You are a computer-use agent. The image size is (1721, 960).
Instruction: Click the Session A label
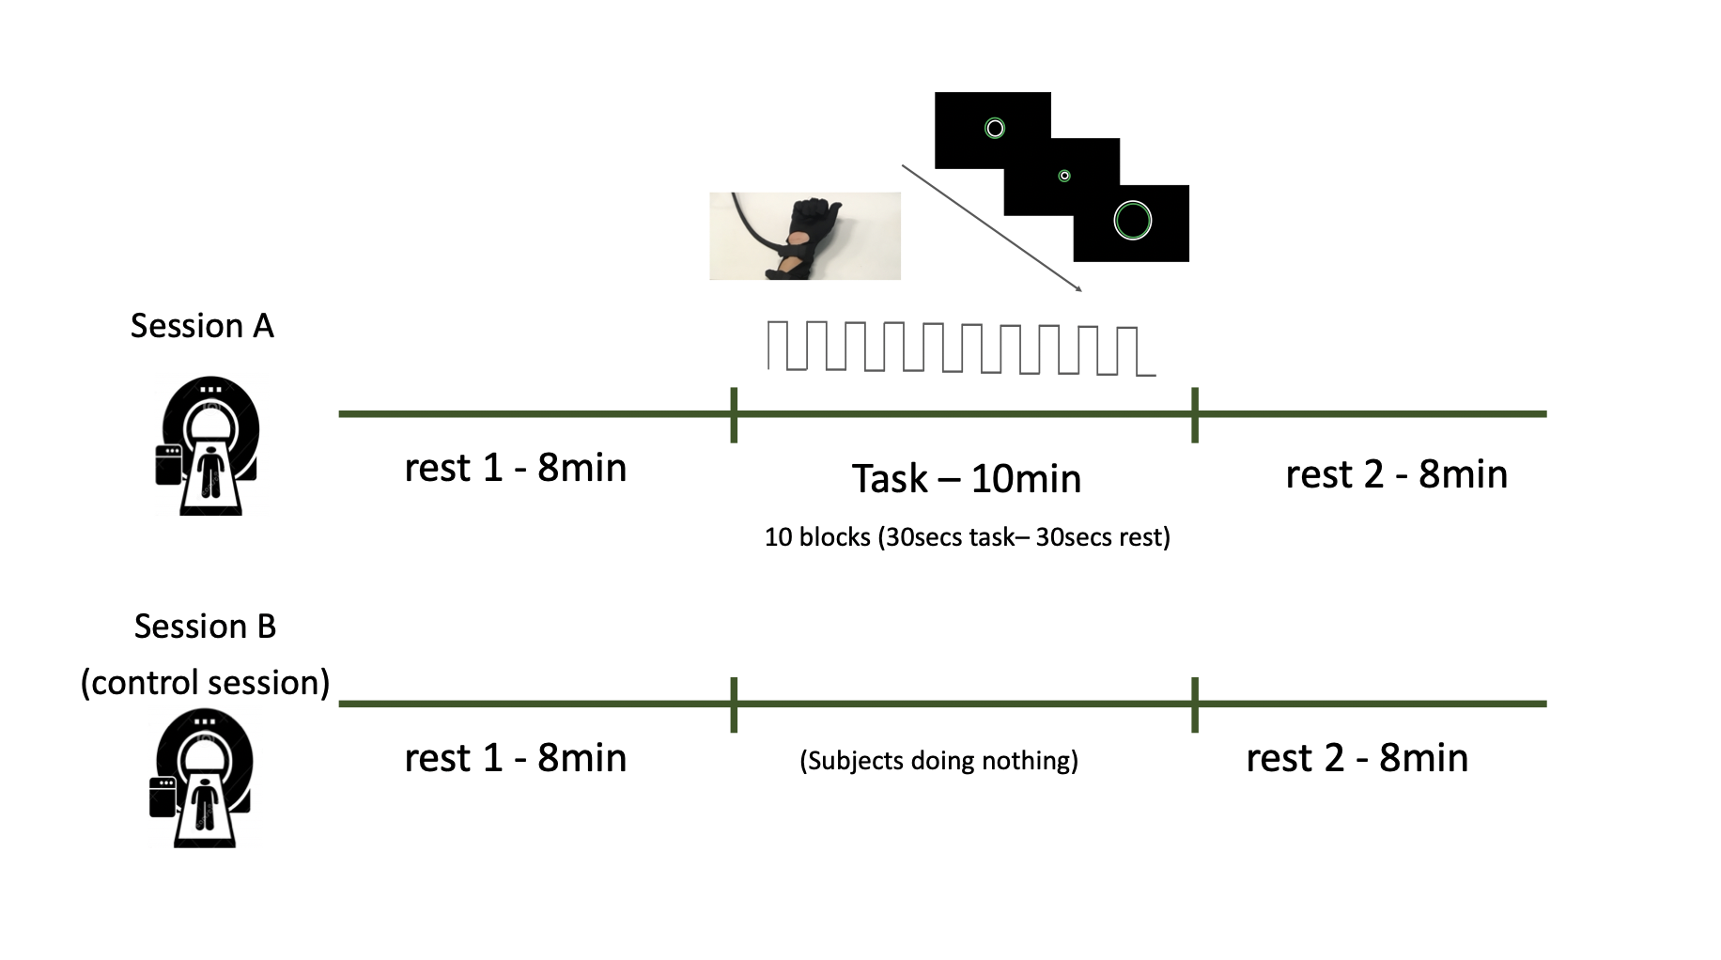coord(202,326)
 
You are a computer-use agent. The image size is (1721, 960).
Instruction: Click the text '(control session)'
coord(205,682)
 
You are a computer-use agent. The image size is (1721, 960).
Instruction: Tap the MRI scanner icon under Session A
coord(208,445)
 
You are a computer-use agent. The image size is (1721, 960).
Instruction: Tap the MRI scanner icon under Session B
coord(202,779)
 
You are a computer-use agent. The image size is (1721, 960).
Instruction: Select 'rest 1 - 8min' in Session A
coord(515,468)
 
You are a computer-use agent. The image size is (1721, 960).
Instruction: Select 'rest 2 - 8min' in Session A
coord(1396,474)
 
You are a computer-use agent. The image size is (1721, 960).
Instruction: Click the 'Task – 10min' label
coord(967,479)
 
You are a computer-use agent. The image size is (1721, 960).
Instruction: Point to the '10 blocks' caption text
coord(967,537)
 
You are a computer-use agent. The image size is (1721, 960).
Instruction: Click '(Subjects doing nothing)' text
coord(938,760)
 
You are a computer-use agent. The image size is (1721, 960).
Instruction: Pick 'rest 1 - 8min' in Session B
coord(515,758)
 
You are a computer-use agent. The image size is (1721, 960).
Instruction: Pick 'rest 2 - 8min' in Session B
coord(1357,758)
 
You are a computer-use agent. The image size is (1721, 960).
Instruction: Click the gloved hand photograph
coord(804,236)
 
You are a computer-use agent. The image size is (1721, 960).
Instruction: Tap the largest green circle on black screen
coord(1132,221)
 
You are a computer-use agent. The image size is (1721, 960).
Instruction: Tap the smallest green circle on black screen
coord(1064,176)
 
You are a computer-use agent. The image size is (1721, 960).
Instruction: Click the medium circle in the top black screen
coord(994,128)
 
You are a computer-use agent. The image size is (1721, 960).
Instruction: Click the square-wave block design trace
coord(961,348)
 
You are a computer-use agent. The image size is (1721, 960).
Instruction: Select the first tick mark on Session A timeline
coord(734,414)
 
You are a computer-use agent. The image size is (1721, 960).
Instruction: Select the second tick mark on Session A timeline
coord(1194,414)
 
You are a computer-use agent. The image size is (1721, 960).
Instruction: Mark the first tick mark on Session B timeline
coord(734,704)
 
